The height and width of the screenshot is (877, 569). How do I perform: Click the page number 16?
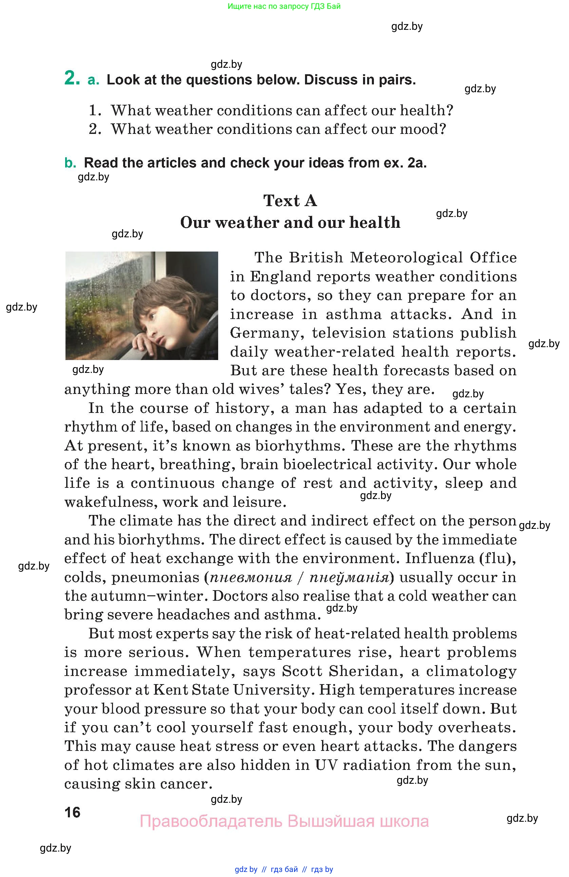tap(72, 812)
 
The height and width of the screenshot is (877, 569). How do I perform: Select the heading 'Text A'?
tap(290, 201)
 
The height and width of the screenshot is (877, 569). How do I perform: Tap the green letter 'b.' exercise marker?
tap(70, 163)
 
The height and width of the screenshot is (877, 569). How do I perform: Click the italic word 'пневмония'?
tap(251, 577)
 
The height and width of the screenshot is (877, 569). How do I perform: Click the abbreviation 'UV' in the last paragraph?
tap(326, 765)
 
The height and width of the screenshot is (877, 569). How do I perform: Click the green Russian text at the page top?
tap(284, 6)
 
